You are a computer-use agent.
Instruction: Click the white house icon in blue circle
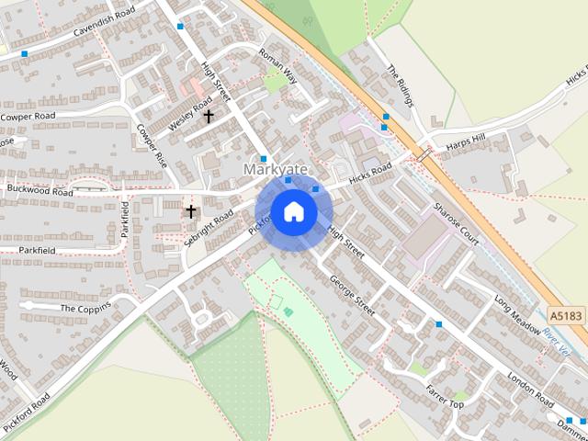tap(293, 212)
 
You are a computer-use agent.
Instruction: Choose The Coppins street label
tap(85, 308)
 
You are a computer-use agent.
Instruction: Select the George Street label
tap(353, 295)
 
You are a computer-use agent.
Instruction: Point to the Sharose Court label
tap(457, 223)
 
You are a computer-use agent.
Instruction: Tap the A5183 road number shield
tap(567, 315)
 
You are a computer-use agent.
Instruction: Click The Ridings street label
tap(401, 84)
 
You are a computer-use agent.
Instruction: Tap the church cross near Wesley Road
tap(209, 117)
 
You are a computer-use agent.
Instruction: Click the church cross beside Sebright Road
tap(191, 211)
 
